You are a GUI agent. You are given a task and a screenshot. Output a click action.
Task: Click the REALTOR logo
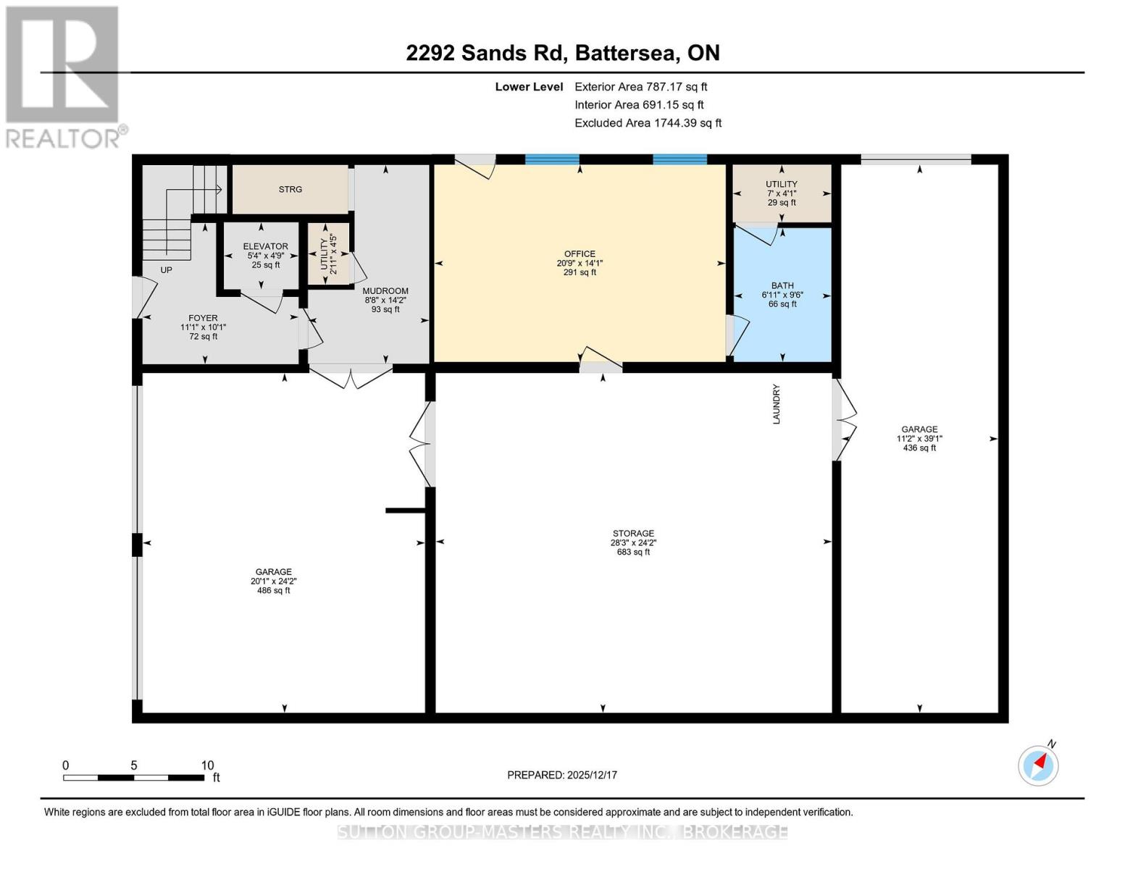[x=64, y=76]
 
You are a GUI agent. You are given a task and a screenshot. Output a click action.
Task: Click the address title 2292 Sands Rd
[x=562, y=53]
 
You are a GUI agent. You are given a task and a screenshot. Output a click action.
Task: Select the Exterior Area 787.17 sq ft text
[x=640, y=87]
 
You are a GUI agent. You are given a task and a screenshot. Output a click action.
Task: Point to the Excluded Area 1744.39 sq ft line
[x=648, y=123]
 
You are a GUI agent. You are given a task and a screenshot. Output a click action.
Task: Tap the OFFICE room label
[x=580, y=263]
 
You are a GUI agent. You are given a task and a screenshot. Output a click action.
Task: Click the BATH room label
[x=782, y=295]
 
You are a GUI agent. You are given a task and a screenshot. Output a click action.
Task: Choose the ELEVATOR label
[x=265, y=256]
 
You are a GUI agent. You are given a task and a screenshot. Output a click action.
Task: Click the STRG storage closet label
[x=290, y=190]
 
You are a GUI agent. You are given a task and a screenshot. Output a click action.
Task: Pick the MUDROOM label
[x=385, y=300]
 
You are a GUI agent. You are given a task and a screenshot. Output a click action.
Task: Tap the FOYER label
[x=203, y=327]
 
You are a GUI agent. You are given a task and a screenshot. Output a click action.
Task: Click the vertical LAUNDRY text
[x=777, y=404]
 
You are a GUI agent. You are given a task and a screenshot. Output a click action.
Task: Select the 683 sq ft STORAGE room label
[x=633, y=542]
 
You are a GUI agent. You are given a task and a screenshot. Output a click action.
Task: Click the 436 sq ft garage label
[x=919, y=438]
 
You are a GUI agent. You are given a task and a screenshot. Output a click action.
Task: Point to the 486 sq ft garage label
[x=273, y=581]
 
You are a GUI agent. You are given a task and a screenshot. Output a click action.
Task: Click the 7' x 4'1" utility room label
[x=782, y=193]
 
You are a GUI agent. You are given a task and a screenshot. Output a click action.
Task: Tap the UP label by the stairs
[x=167, y=270]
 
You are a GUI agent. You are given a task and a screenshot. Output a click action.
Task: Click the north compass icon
[x=1038, y=765]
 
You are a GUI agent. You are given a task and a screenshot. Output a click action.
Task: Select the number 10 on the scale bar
[x=207, y=765]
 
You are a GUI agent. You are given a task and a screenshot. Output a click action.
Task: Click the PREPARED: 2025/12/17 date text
[x=562, y=775]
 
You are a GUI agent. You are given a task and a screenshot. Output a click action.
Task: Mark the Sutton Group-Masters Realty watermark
[x=562, y=832]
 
